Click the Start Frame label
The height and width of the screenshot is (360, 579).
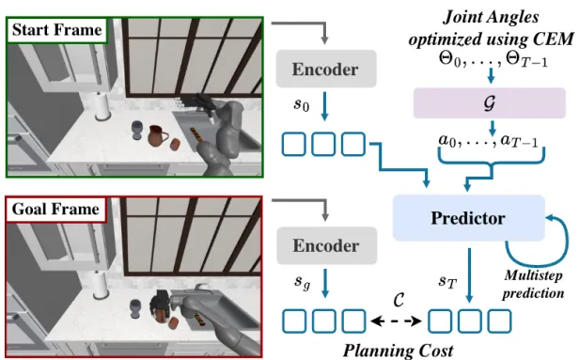[56, 30]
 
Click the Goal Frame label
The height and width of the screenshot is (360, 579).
[55, 209]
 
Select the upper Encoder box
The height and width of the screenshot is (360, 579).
[326, 69]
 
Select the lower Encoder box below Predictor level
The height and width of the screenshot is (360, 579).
[327, 245]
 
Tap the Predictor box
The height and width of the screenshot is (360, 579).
[469, 218]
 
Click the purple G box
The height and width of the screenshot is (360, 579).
[490, 103]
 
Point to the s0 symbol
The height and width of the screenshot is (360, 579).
[302, 104]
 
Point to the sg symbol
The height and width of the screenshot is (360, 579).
[303, 283]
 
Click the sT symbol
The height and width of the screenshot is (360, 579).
[447, 283]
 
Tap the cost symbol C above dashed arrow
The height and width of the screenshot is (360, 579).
[399, 300]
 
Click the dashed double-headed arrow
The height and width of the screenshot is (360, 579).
[397, 321]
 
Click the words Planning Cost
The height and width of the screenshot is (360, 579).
[399, 351]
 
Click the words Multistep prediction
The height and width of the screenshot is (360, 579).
[533, 284]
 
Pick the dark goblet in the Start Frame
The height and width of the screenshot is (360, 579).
[136, 131]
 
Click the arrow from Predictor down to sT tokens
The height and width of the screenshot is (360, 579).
[469, 275]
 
